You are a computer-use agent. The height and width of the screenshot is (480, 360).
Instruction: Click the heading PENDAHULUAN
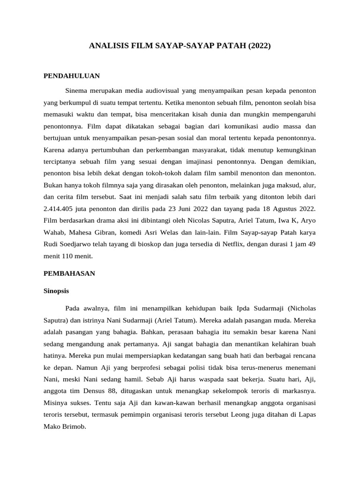(x=71, y=75)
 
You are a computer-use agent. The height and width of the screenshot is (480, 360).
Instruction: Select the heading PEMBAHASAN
(x=69, y=273)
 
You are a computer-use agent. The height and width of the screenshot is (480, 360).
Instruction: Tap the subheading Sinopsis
(x=56, y=291)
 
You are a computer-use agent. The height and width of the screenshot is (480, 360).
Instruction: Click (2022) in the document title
(x=260, y=46)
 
